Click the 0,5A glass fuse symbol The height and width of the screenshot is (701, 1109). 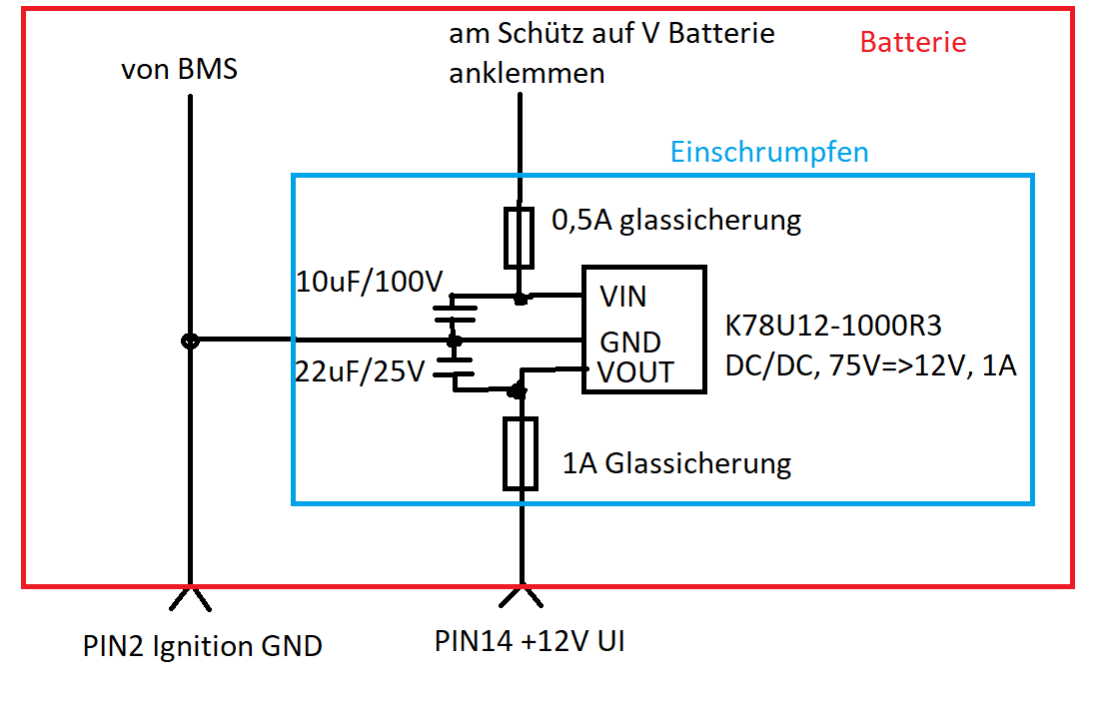coord(519,238)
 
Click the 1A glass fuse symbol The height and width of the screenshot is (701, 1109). coord(521,454)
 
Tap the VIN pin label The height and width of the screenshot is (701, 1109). coord(622,297)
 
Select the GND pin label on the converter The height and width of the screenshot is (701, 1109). coord(629,343)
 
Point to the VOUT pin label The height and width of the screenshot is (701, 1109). coord(635,372)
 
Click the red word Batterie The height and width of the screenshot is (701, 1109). coord(913,43)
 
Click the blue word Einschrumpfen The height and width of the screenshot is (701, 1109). coord(769,153)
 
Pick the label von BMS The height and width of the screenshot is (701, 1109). coord(179,71)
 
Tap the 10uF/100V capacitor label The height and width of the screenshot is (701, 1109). coord(369,284)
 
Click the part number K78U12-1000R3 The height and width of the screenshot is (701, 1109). coord(847,326)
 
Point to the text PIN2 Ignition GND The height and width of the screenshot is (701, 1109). coord(203,647)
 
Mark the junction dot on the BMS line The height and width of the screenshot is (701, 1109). coord(189,341)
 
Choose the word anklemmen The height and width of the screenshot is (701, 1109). coord(527,74)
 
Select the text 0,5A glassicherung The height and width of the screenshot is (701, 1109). coord(676,220)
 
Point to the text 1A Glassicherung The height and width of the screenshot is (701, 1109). coord(676,463)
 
